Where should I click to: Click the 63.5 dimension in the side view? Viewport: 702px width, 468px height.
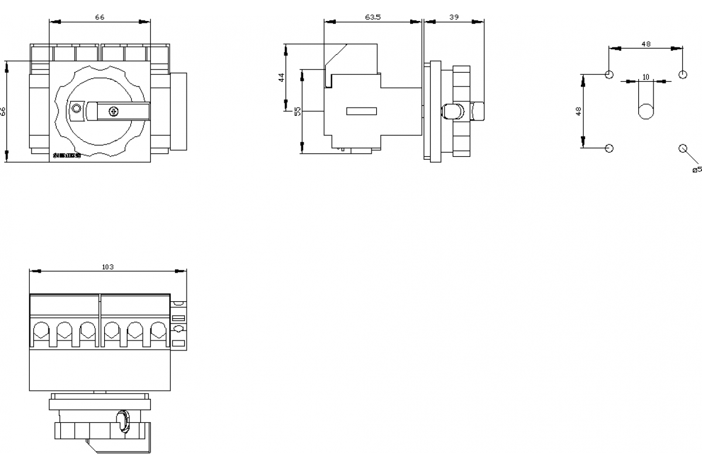(x=373, y=18)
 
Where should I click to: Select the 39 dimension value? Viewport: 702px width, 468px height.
(x=453, y=18)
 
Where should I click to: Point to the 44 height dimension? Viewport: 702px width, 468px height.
(x=281, y=77)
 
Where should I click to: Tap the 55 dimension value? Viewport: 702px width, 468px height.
(x=298, y=111)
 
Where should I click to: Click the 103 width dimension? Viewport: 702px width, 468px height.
(x=108, y=267)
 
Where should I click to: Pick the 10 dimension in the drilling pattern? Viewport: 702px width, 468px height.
(x=646, y=77)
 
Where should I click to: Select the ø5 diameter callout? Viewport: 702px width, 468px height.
(x=696, y=170)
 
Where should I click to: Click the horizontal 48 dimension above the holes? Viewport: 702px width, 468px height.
(x=646, y=44)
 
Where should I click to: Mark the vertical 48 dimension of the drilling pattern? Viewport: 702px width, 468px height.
(x=579, y=111)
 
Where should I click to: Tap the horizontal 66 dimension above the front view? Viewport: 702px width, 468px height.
(x=100, y=18)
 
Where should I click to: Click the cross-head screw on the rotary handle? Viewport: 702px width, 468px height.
(x=114, y=111)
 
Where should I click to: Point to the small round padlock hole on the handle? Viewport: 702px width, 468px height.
(x=76, y=109)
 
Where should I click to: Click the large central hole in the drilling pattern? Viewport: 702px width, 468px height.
(x=646, y=111)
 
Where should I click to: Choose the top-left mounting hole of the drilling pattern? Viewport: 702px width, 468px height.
(x=610, y=75)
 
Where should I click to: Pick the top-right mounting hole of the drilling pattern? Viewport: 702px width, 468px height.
(x=682, y=75)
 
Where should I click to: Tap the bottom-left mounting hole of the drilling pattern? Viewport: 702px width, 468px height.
(x=610, y=148)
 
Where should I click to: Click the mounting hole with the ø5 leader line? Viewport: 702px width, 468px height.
(x=682, y=148)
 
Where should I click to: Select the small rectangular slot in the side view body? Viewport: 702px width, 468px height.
(x=362, y=111)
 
